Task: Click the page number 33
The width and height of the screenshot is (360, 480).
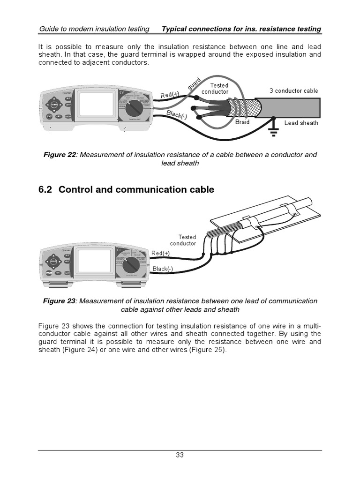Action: tap(180, 454)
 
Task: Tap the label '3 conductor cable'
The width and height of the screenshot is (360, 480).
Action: tap(293, 91)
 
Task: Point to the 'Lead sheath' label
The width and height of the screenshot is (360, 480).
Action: tap(301, 123)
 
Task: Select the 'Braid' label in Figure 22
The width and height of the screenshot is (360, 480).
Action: tap(242, 122)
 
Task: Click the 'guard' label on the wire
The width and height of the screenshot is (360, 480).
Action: tap(194, 84)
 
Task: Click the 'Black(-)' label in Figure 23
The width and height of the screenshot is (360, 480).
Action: tap(163, 269)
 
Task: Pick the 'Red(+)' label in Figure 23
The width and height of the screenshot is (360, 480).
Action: tap(160, 253)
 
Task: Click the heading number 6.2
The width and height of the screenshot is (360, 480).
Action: tap(46, 190)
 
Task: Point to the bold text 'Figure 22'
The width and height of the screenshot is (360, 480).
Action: tap(59, 155)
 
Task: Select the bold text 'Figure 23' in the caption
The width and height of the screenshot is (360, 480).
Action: tap(59, 301)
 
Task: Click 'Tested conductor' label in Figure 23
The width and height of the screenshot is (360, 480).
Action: tap(184, 240)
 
